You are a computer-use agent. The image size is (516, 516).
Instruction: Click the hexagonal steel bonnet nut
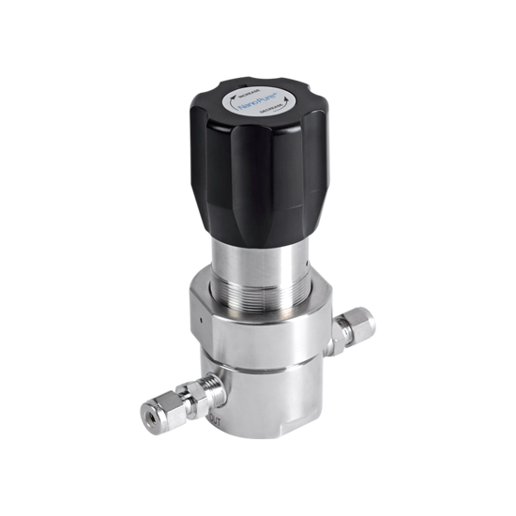[x=253, y=324]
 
